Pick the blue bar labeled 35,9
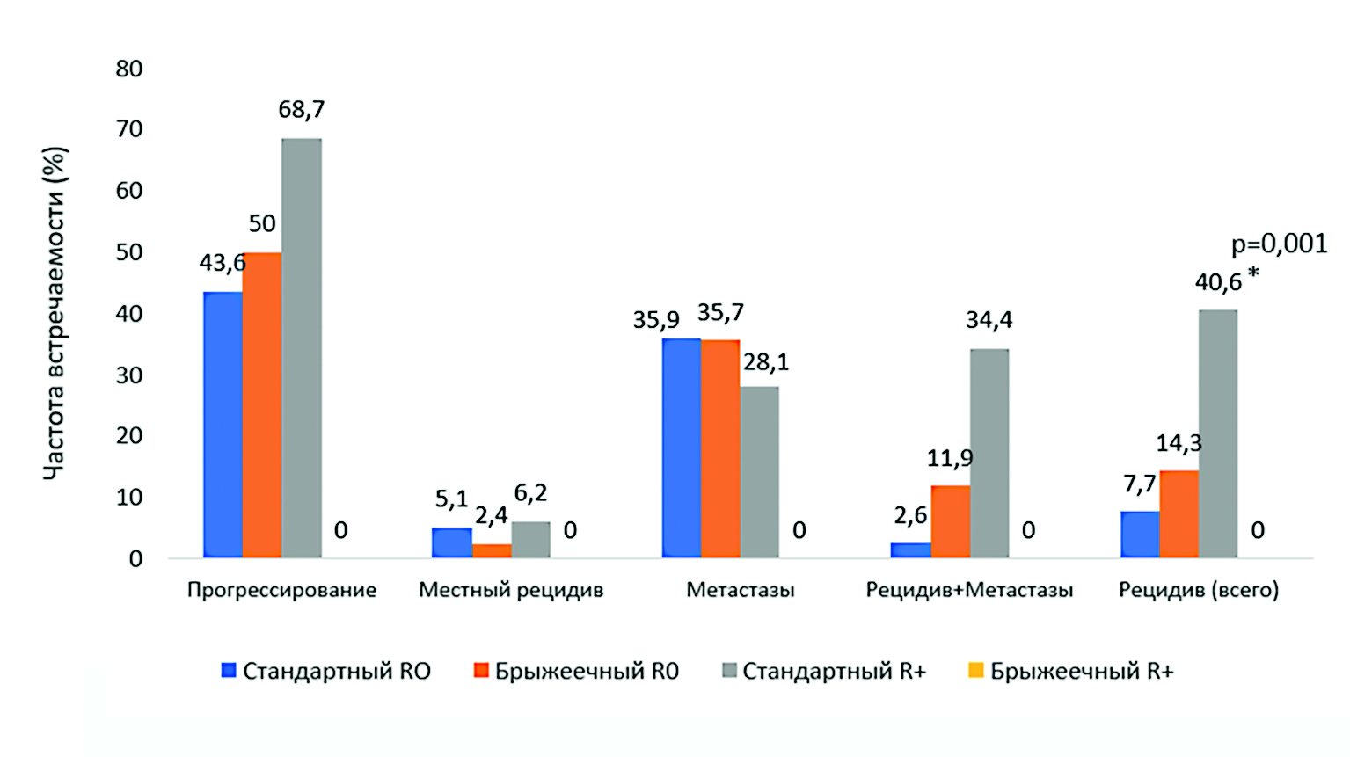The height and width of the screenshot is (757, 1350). click(x=681, y=448)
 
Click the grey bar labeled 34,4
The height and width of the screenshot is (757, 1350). click(x=989, y=453)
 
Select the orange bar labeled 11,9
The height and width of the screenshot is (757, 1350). click(x=950, y=521)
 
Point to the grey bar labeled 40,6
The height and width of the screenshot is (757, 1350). click(x=1218, y=433)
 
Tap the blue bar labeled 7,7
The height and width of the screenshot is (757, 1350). click(x=1140, y=534)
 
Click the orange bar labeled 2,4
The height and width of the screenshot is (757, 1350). click(x=492, y=550)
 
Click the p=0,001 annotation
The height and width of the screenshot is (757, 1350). click(x=1279, y=244)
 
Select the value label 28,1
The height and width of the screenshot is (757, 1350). click(x=766, y=362)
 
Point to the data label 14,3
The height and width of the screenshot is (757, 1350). click(x=1179, y=443)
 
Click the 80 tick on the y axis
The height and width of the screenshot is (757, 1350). click(x=129, y=69)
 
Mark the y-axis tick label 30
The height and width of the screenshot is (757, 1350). click(x=129, y=375)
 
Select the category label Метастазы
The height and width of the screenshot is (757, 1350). click(x=740, y=590)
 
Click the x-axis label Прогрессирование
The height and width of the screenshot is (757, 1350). click(x=281, y=590)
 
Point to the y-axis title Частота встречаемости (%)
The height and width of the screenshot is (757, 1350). click(x=55, y=313)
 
